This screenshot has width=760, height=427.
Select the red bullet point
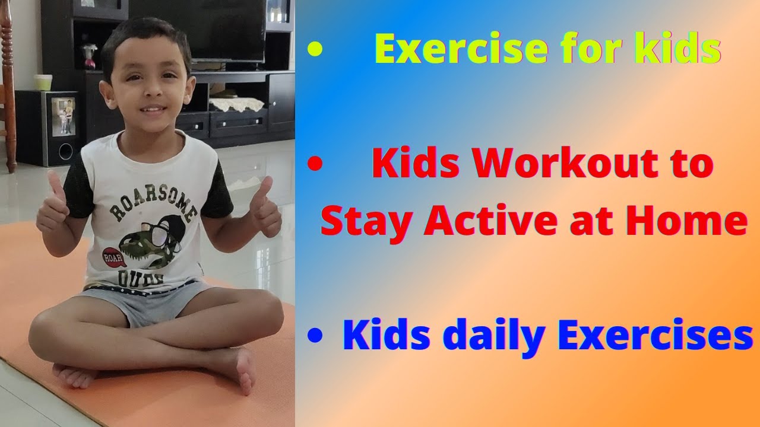pyautogui.click(x=315, y=165)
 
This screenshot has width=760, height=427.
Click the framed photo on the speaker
pyautogui.click(x=64, y=115)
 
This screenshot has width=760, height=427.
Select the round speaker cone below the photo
pyautogui.click(x=65, y=151)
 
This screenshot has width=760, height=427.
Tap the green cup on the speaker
pyautogui.click(x=43, y=82)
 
